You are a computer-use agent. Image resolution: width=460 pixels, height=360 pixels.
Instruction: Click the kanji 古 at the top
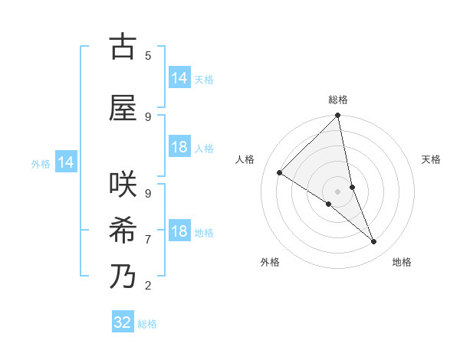point(123,47)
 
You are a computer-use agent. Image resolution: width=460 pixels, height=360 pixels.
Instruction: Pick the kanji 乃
point(123,277)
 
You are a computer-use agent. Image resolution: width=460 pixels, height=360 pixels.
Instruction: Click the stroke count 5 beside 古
point(148,55)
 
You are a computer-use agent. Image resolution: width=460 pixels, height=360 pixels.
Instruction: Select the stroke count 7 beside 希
point(148,239)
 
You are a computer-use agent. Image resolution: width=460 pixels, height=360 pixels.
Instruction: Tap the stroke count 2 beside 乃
point(148,285)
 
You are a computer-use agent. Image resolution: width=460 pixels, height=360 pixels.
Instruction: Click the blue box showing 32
point(123,322)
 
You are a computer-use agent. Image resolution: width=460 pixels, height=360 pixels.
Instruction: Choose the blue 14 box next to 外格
point(65,162)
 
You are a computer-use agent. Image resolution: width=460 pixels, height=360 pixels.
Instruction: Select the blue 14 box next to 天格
point(179,78)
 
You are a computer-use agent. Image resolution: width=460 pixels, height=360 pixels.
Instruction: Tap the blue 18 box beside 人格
point(179,147)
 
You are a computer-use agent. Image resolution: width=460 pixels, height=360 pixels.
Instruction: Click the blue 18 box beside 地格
point(179,231)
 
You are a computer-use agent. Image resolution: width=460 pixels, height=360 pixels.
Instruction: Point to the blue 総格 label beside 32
point(147,324)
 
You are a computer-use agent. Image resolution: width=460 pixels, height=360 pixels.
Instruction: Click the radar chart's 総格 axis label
point(337,100)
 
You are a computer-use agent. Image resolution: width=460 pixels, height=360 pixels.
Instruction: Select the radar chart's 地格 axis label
point(402,262)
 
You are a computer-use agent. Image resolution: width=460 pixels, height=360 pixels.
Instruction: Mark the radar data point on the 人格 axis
point(280,172)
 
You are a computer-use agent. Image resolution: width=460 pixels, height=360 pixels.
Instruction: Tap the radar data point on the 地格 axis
point(374,241)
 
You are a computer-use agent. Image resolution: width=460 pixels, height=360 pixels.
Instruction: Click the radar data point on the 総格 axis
point(337,116)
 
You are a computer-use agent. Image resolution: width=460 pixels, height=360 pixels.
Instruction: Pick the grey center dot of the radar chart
point(337,191)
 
